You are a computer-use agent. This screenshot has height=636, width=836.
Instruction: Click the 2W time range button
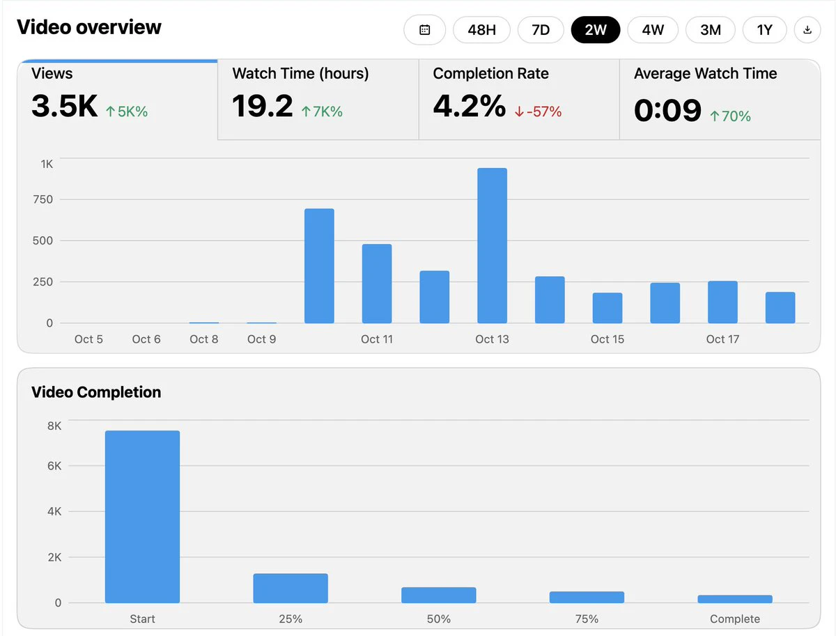tap(595, 30)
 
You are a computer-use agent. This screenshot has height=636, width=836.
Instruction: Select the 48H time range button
tap(481, 30)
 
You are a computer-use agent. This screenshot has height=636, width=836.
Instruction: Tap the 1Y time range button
tap(764, 30)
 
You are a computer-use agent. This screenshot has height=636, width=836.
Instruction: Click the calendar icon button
tap(425, 30)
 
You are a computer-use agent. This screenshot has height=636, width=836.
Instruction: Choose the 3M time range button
tap(711, 30)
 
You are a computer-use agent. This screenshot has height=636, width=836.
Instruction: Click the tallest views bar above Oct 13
tap(492, 246)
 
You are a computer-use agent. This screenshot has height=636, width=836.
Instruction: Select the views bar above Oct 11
tap(377, 284)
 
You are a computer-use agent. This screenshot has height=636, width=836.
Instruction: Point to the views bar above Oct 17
tap(722, 302)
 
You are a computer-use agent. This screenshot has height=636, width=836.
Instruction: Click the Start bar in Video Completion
tap(142, 517)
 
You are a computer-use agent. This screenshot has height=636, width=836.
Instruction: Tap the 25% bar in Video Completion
tap(291, 588)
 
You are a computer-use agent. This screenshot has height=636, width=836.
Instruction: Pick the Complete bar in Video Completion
tap(735, 599)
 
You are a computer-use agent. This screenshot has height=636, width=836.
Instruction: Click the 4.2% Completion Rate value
tap(470, 106)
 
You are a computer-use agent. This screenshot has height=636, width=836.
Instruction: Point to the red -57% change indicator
tap(538, 112)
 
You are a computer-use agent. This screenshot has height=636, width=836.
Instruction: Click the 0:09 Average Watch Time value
tap(667, 111)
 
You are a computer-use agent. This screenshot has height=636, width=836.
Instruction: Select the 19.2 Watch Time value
tap(263, 106)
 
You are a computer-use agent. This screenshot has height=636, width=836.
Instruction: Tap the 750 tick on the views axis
tap(43, 199)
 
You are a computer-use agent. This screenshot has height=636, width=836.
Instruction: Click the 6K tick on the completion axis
tap(54, 466)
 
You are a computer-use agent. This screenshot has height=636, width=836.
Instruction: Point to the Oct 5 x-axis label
tap(88, 339)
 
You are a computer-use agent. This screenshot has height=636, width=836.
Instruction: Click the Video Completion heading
tap(96, 392)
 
